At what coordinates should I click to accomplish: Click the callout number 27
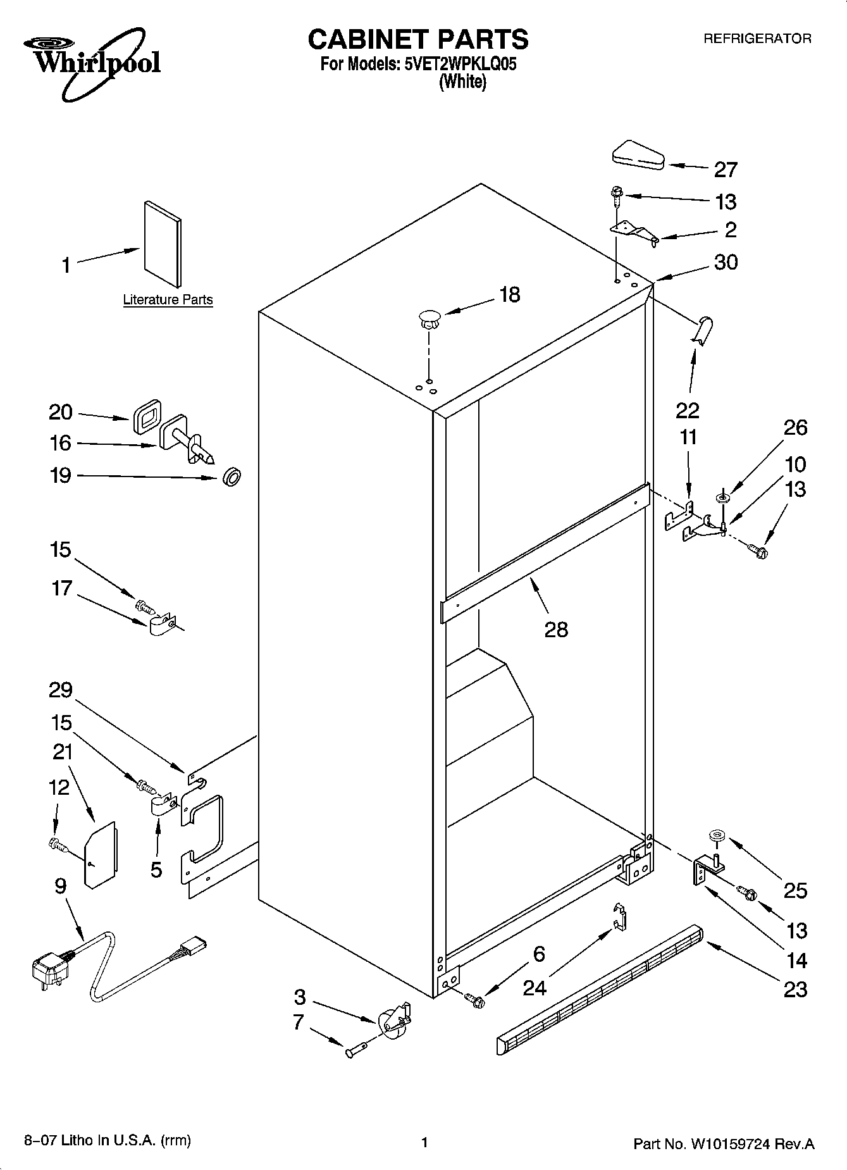(x=726, y=170)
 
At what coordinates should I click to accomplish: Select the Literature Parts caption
(x=168, y=300)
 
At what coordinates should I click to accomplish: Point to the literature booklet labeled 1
(x=163, y=243)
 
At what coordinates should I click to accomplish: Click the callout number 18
(x=509, y=294)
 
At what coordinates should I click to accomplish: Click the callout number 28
(x=556, y=629)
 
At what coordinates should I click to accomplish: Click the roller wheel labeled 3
(x=393, y=1021)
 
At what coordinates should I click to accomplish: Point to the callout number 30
(x=726, y=262)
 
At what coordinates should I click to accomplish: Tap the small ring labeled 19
(x=232, y=477)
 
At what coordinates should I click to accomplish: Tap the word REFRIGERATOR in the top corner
(x=757, y=39)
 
